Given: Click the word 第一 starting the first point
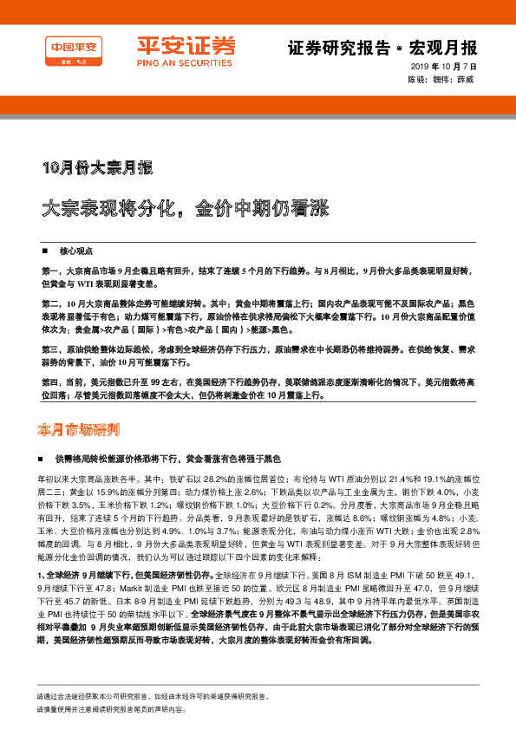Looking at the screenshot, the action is click(49, 271).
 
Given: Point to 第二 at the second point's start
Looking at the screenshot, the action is click(49, 303).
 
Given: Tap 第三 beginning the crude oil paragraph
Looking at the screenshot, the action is click(49, 347).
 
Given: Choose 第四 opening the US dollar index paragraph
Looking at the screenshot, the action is click(49, 380).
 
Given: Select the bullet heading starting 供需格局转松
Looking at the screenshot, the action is click(169, 457).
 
